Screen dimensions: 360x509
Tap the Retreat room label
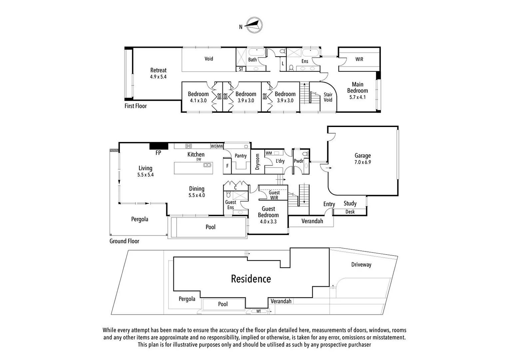click(x=158, y=70)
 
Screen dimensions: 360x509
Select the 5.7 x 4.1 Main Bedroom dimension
click(x=357, y=97)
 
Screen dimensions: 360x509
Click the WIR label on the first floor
click(x=359, y=59)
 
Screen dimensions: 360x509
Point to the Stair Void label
click(x=328, y=97)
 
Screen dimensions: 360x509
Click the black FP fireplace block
click(x=159, y=146)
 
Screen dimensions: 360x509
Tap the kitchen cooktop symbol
click(x=189, y=146)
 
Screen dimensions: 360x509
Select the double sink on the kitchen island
click(x=207, y=165)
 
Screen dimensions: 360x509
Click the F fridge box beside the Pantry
click(x=227, y=166)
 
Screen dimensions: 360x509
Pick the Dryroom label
click(x=257, y=162)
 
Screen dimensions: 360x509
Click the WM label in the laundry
click(x=269, y=153)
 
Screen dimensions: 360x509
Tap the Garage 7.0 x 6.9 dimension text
click(x=362, y=162)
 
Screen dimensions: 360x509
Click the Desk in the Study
click(x=350, y=212)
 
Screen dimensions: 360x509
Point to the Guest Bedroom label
click(x=268, y=212)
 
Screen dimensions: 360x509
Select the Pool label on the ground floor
click(x=210, y=227)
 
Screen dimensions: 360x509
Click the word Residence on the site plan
click(x=251, y=279)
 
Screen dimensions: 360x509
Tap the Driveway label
click(x=361, y=265)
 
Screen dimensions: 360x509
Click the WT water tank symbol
click(x=259, y=311)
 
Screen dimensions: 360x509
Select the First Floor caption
click(x=136, y=106)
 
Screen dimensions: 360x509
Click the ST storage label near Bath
click(x=241, y=69)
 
